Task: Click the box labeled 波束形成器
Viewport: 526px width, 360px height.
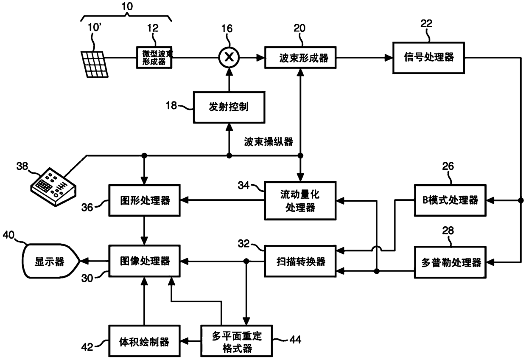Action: click(300, 58)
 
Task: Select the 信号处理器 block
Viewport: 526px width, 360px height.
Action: click(428, 58)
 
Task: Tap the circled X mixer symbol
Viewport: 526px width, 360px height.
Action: click(229, 57)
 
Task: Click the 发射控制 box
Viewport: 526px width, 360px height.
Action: click(229, 107)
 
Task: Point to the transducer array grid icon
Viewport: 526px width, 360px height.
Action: click(95, 65)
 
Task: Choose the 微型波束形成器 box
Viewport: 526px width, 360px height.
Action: click(154, 58)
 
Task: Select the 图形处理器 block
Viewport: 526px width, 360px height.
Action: click(144, 200)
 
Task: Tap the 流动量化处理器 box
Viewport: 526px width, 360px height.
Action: click(300, 201)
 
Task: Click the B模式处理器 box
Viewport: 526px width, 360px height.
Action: click(450, 200)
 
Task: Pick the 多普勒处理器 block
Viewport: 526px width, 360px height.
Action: click(450, 262)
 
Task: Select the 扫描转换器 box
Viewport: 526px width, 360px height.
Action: click(300, 262)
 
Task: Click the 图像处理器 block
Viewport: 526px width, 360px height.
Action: click(144, 261)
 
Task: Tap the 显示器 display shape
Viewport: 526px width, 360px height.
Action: click(51, 262)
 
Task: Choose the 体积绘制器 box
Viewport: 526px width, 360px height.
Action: click(144, 341)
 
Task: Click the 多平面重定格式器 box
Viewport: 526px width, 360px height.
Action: click(236, 341)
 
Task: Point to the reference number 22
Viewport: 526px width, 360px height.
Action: click(426, 23)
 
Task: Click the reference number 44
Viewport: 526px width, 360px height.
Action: click(295, 340)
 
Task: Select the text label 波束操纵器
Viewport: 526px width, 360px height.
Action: click(269, 142)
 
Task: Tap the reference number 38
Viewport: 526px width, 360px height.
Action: click(22, 166)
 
